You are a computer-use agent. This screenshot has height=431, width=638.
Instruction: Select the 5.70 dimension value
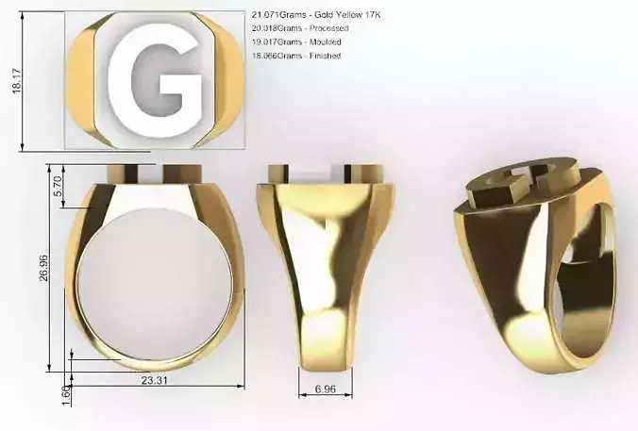(x=58, y=187)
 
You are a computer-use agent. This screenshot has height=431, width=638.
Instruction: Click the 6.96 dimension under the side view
(x=326, y=388)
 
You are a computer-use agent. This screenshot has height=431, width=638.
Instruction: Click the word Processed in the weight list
(x=330, y=29)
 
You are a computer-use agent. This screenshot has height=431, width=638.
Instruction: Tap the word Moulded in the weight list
(x=327, y=42)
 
